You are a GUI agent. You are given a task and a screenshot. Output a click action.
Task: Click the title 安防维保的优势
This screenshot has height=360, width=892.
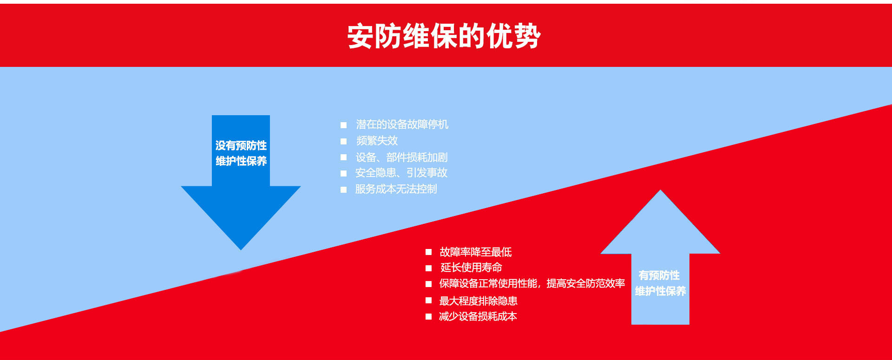point(444,36)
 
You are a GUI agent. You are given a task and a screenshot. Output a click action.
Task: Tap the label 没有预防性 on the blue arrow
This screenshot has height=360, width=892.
point(241,145)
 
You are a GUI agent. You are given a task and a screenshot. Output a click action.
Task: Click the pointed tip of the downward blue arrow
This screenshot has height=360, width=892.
point(241,250)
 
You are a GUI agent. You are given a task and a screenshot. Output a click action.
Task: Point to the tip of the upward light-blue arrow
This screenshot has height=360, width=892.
point(660,190)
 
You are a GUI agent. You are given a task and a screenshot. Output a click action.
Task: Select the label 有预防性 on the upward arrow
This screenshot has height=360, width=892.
point(659,275)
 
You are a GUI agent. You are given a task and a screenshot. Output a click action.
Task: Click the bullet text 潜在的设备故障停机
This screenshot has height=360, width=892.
point(402,124)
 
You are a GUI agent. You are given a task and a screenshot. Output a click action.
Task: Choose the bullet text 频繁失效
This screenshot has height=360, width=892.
point(377,141)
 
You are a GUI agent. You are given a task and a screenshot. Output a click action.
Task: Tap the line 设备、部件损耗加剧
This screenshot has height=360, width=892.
point(402,157)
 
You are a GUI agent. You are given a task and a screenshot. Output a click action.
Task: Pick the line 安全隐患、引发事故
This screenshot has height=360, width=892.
point(401,173)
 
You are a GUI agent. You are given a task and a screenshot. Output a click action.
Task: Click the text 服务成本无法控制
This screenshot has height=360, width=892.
point(396,189)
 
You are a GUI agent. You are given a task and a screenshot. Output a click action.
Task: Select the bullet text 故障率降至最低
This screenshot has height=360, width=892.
point(476,252)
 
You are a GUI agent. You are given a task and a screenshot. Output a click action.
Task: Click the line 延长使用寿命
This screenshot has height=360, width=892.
point(471,268)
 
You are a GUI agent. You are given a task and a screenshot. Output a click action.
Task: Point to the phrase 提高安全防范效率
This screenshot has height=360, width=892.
point(586,283)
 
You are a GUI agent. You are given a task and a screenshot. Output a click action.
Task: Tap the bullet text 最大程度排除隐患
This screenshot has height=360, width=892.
point(479,301)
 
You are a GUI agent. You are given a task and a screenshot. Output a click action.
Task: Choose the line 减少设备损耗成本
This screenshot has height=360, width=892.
point(478,316)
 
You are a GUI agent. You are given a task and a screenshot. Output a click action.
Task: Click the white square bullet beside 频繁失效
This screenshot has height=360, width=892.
point(344,141)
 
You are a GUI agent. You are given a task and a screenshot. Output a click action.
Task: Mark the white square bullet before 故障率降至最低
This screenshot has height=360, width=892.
point(429,252)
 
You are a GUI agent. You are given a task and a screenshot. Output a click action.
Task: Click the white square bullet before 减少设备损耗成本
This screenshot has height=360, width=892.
point(429,317)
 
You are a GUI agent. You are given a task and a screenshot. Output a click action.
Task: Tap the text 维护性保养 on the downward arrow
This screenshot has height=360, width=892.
point(241,161)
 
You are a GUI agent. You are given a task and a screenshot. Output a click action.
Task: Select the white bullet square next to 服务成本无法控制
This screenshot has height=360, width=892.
point(344,190)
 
